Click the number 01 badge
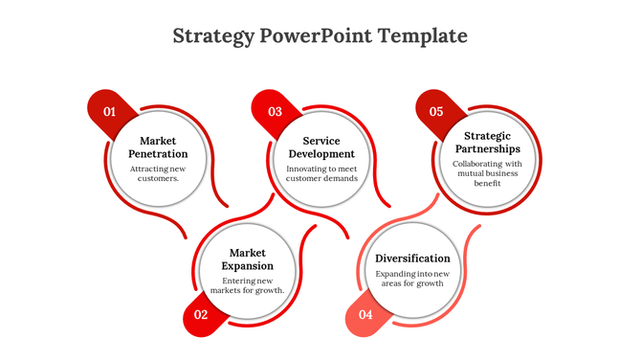[109, 112]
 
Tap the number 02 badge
[201, 314]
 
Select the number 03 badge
[275, 112]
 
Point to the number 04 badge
[365, 314]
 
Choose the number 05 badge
[436, 112]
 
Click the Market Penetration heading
[158, 147]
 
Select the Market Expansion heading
[247, 259]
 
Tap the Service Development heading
[322, 147]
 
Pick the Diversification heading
[412, 259]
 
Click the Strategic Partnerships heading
[488, 143]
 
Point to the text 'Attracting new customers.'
[158, 173]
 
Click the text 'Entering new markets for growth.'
[247, 285]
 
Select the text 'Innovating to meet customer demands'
[322, 173]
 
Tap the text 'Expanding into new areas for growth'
[412, 279]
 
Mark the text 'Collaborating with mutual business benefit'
[488, 173]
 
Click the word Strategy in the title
[214, 36]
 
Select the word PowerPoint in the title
[315, 36]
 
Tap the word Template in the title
[422, 36]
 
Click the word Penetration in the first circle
[158, 154]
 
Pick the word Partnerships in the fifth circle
[488, 149]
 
